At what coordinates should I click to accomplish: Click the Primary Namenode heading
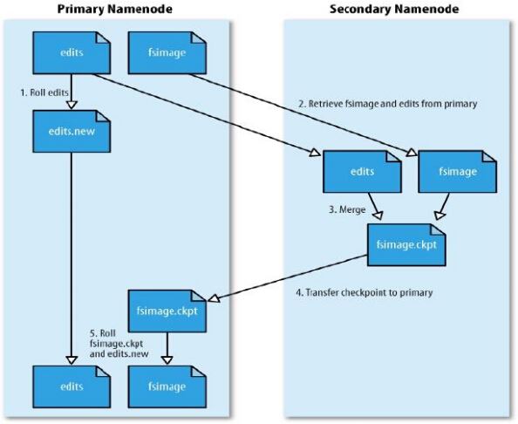click(114, 9)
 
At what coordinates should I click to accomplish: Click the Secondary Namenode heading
click(394, 9)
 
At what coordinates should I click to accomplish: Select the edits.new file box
click(72, 132)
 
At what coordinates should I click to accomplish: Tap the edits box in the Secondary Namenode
click(362, 172)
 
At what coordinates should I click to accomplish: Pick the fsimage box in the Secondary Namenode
click(458, 172)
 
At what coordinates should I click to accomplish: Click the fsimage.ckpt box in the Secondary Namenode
click(406, 245)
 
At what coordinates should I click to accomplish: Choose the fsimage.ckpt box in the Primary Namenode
click(167, 311)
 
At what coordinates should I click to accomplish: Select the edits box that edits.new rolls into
click(72, 386)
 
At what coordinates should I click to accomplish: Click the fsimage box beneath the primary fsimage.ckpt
click(167, 386)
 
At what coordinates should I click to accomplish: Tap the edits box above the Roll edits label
click(72, 52)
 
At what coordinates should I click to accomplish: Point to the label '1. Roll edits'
click(44, 92)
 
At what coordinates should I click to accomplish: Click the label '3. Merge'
click(347, 209)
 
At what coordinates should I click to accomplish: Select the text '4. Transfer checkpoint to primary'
click(364, 292)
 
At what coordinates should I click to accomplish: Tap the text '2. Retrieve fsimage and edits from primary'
click(388, 104)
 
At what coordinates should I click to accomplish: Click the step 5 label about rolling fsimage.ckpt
click(119, 344)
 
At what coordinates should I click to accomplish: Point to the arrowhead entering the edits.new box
click(72, 105)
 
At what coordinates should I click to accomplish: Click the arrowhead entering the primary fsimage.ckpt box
click(215, 297)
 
